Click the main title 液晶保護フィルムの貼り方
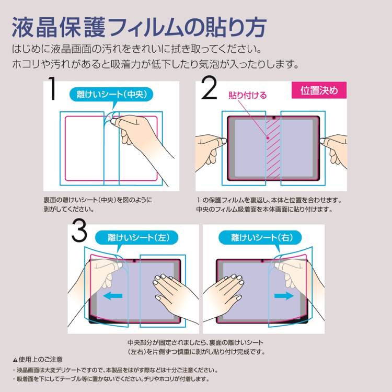point(139,26)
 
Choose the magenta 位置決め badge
point(319,90)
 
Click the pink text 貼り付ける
point(248,95)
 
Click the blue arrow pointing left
point(112,296)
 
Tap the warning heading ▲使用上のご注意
point(38,360)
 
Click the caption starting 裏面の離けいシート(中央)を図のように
point(98,200)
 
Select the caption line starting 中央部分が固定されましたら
point(195,342)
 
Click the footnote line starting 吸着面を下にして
point(112,379)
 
